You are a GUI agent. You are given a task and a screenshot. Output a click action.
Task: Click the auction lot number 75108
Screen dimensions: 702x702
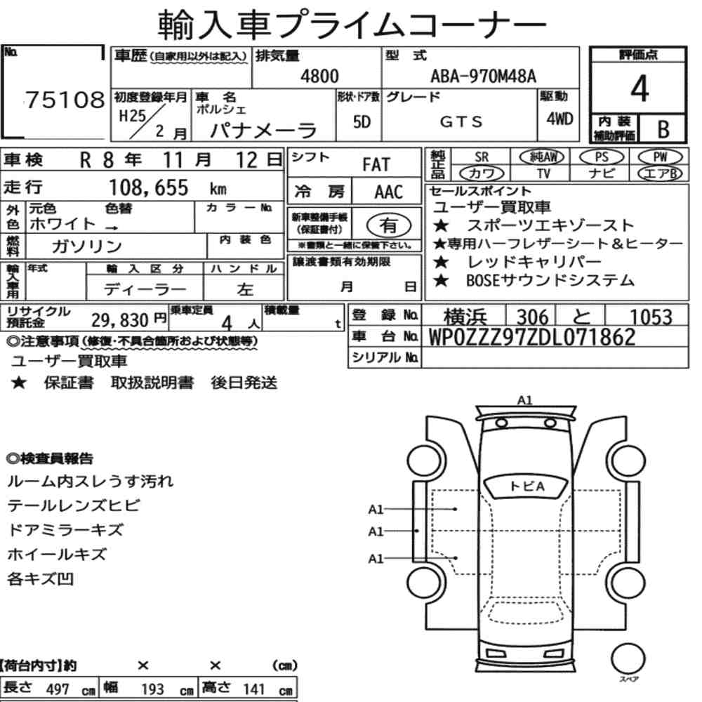pyautogui.click(x=65, y=100)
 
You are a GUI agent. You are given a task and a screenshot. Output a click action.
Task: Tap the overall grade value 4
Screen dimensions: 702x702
pyautogui.click(x=640, y=88)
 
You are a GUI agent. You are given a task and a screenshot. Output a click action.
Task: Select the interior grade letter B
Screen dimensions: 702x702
pyautogui.click(x=663, y=130)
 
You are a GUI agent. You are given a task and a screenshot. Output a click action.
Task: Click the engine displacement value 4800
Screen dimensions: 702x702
pyautogui.click(x=319, y=76)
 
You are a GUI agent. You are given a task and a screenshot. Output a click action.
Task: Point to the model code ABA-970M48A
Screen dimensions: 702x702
pyautogui.click(x=483, y=76)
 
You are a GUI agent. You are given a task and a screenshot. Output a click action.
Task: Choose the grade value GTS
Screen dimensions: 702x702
pyautogui.click(x=461, y=121)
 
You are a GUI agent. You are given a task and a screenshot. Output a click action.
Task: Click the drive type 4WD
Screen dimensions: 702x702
pyautogui.click(x=559, y=119)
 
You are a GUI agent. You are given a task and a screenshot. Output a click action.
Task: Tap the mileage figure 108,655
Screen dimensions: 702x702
pyautogui.click(x=149, y=187)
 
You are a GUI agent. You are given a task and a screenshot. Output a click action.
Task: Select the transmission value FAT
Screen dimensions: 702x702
pyautogui.click(x=376, y=165)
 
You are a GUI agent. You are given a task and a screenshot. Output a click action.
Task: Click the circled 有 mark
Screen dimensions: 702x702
pyautogui.click(x=389, y=225)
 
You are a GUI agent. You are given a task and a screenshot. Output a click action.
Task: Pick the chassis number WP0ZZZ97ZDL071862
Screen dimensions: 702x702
pyautogui.click(x=532, y=337)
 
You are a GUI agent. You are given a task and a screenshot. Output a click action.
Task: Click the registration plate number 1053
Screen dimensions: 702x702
pyautogui.click(x=651, y=317)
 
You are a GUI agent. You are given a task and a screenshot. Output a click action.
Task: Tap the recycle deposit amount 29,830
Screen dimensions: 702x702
pyautogui.click(x=120, y=320)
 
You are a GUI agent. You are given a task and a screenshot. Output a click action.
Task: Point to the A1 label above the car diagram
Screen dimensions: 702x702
pyautogui.click(x=524, y=400)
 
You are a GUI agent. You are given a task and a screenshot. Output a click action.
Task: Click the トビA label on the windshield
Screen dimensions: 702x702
pyautogui.click(x=527, y=486)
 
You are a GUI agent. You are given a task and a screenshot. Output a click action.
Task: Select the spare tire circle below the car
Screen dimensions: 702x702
pyautogui.click(x=628, y=658)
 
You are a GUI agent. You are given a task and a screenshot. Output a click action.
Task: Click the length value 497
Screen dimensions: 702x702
pyautogui.click(x=58, y=689)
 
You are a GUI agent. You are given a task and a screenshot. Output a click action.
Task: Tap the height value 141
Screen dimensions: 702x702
pyautogui.click(x=254, y=689)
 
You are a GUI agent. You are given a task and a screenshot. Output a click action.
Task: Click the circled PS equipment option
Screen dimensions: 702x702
pyautogui.click(x=602, y=157)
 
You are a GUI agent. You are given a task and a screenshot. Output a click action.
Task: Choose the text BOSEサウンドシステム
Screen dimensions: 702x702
pyautogui.click(x=550, y=280)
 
